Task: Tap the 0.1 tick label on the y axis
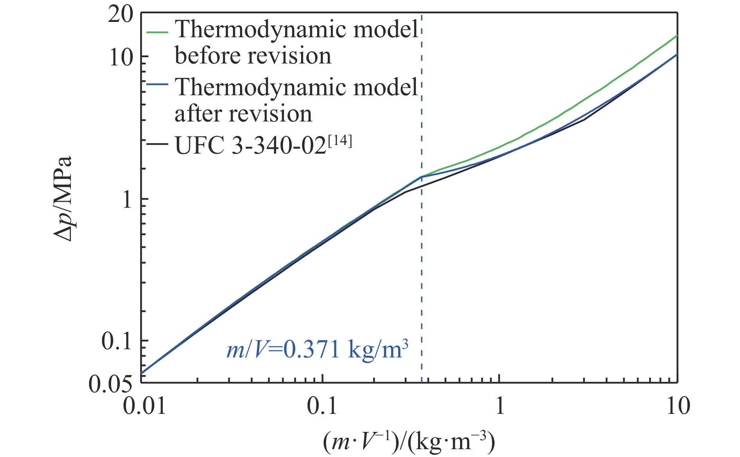[x=116, y=342]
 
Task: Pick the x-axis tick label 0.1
[x=322, y=406]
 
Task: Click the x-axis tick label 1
[x=500, y=406]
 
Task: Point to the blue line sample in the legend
[x=157, y=84]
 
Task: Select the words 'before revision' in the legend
[x=253, y=56]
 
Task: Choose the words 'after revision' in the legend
[x=243, y=114]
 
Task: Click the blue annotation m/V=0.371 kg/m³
[x=317, y=349]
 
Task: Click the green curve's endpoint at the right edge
[x=677, y=36]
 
